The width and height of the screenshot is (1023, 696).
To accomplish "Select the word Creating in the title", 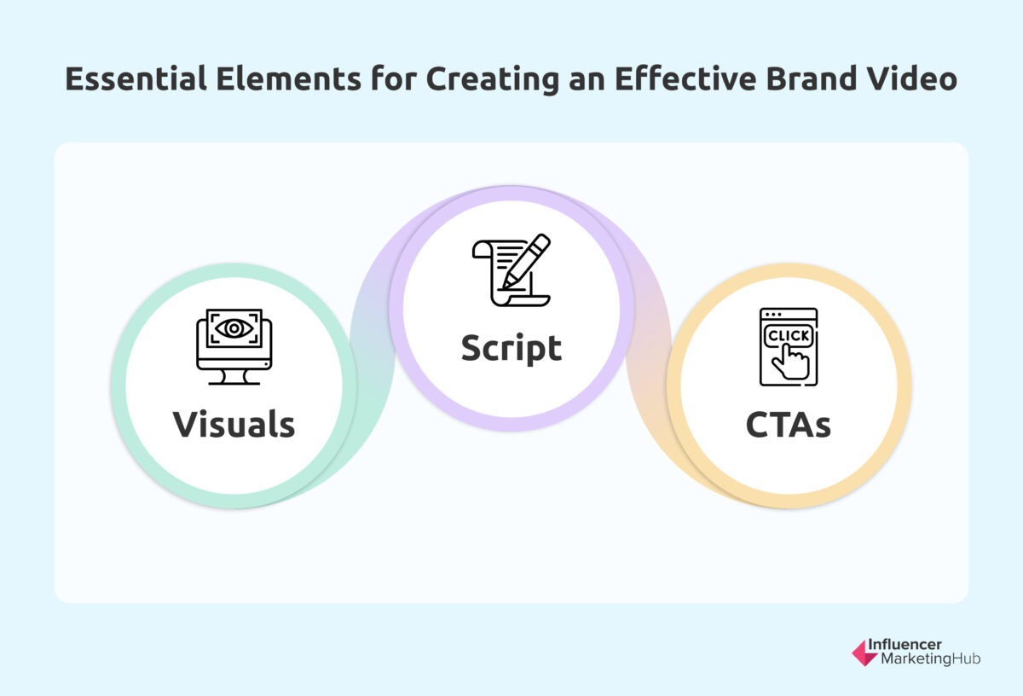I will pyautogui.click(x=488, y=79).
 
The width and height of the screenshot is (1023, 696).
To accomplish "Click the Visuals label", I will pyautogui.click(x=234, y=424).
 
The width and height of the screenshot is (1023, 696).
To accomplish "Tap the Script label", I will pyautogui.click(x=511, y=348).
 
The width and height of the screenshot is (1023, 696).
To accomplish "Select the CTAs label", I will pyautogui.click(x=789, y=424).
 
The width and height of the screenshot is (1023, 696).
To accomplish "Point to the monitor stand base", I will pyautogui.click(x=234, y=381).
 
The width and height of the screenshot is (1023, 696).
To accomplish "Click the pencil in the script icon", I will pyautogui.click(x=525, y=262).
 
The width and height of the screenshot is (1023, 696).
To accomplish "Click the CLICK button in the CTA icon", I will pyautogui.click(x=789, y=335).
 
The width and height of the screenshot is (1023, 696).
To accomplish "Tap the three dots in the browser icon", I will pyautogui.click(x=772, y=316).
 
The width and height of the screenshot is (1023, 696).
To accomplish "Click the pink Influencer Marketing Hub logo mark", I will pyautogui.click(x=864, y=652).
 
